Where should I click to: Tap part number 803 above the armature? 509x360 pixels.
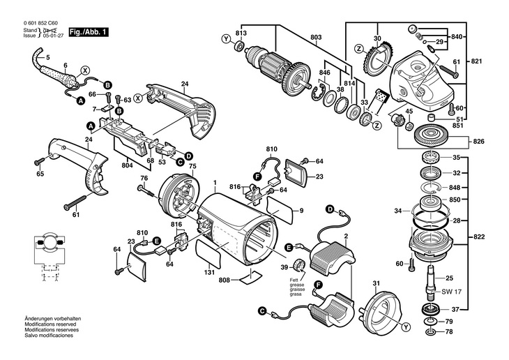click(x=316, y=36)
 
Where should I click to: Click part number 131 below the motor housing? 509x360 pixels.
click(x=210, y=273)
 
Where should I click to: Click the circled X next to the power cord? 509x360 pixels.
click(x=86, y=70)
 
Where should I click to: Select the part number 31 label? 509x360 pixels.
click(x=376, y=283)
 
